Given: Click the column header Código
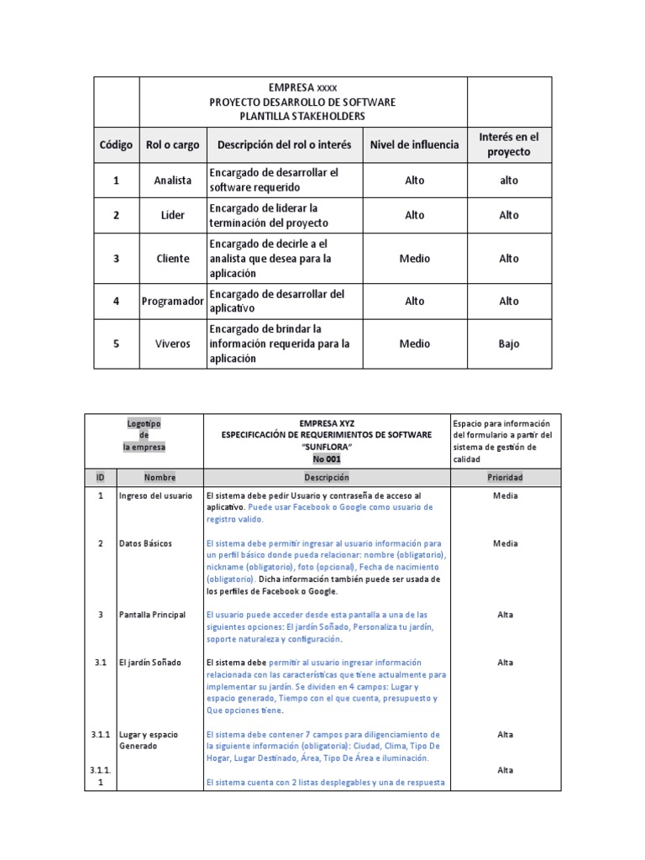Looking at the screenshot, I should point(116,144).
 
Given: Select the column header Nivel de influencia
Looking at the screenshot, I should point(414,144).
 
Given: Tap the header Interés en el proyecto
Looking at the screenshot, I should point(509,144).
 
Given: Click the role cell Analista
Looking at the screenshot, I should point(172,181).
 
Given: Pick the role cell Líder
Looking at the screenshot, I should point(172,215).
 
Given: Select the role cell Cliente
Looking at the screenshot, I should point(172,259).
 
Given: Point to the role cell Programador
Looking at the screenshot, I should point(172,301).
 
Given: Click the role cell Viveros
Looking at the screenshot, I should point(172,343).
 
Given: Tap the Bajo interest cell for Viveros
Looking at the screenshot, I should point(509,343).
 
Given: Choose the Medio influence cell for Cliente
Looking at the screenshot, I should point(414,259).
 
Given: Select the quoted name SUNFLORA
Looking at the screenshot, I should point(327,447).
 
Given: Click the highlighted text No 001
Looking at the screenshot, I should point(327,459).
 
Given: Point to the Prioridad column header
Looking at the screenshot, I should point(505,477).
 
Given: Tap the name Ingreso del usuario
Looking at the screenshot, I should point(156,496).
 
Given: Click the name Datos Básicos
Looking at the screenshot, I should point(145,543).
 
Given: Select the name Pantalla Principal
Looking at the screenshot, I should point(152,615).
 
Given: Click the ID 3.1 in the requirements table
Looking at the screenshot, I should point(100,663).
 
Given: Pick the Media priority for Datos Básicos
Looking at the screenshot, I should point(505,543).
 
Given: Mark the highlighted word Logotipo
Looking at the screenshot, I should point(144,423).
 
